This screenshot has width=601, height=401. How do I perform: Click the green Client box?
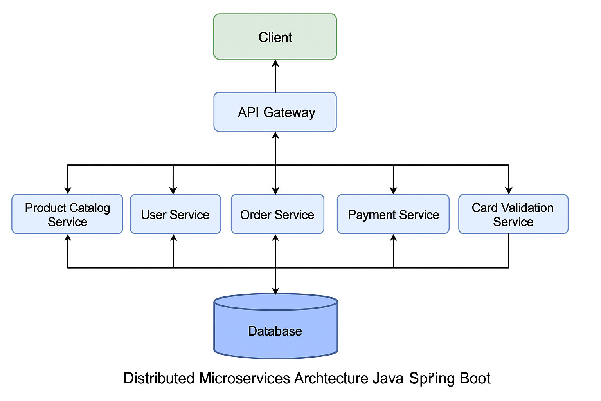point(275,37)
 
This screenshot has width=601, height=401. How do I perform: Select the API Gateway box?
point(275,112)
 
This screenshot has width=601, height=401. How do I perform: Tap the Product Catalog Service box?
point(67,214)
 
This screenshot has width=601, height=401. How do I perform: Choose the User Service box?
point(175,214)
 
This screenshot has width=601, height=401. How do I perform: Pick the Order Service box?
point(277,214)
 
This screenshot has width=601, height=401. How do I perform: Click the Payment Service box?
point(393,214)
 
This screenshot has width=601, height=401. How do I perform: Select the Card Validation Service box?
point(513,214)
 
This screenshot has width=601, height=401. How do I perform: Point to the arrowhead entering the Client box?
point(275,64)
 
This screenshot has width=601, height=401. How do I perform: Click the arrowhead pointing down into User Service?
point(173,190)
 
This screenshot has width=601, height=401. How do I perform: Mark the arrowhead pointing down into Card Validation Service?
point(509,190)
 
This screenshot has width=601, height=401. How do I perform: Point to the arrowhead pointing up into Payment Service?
point(394,238)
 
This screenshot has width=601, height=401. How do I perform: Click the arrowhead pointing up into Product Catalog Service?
point(68,238)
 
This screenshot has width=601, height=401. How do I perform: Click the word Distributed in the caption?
point(159,378)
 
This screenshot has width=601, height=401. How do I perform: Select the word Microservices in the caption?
point(245,378)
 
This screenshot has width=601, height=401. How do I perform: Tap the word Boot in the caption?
point(475,378)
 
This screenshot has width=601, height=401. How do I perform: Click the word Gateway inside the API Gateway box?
point(289,113)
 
